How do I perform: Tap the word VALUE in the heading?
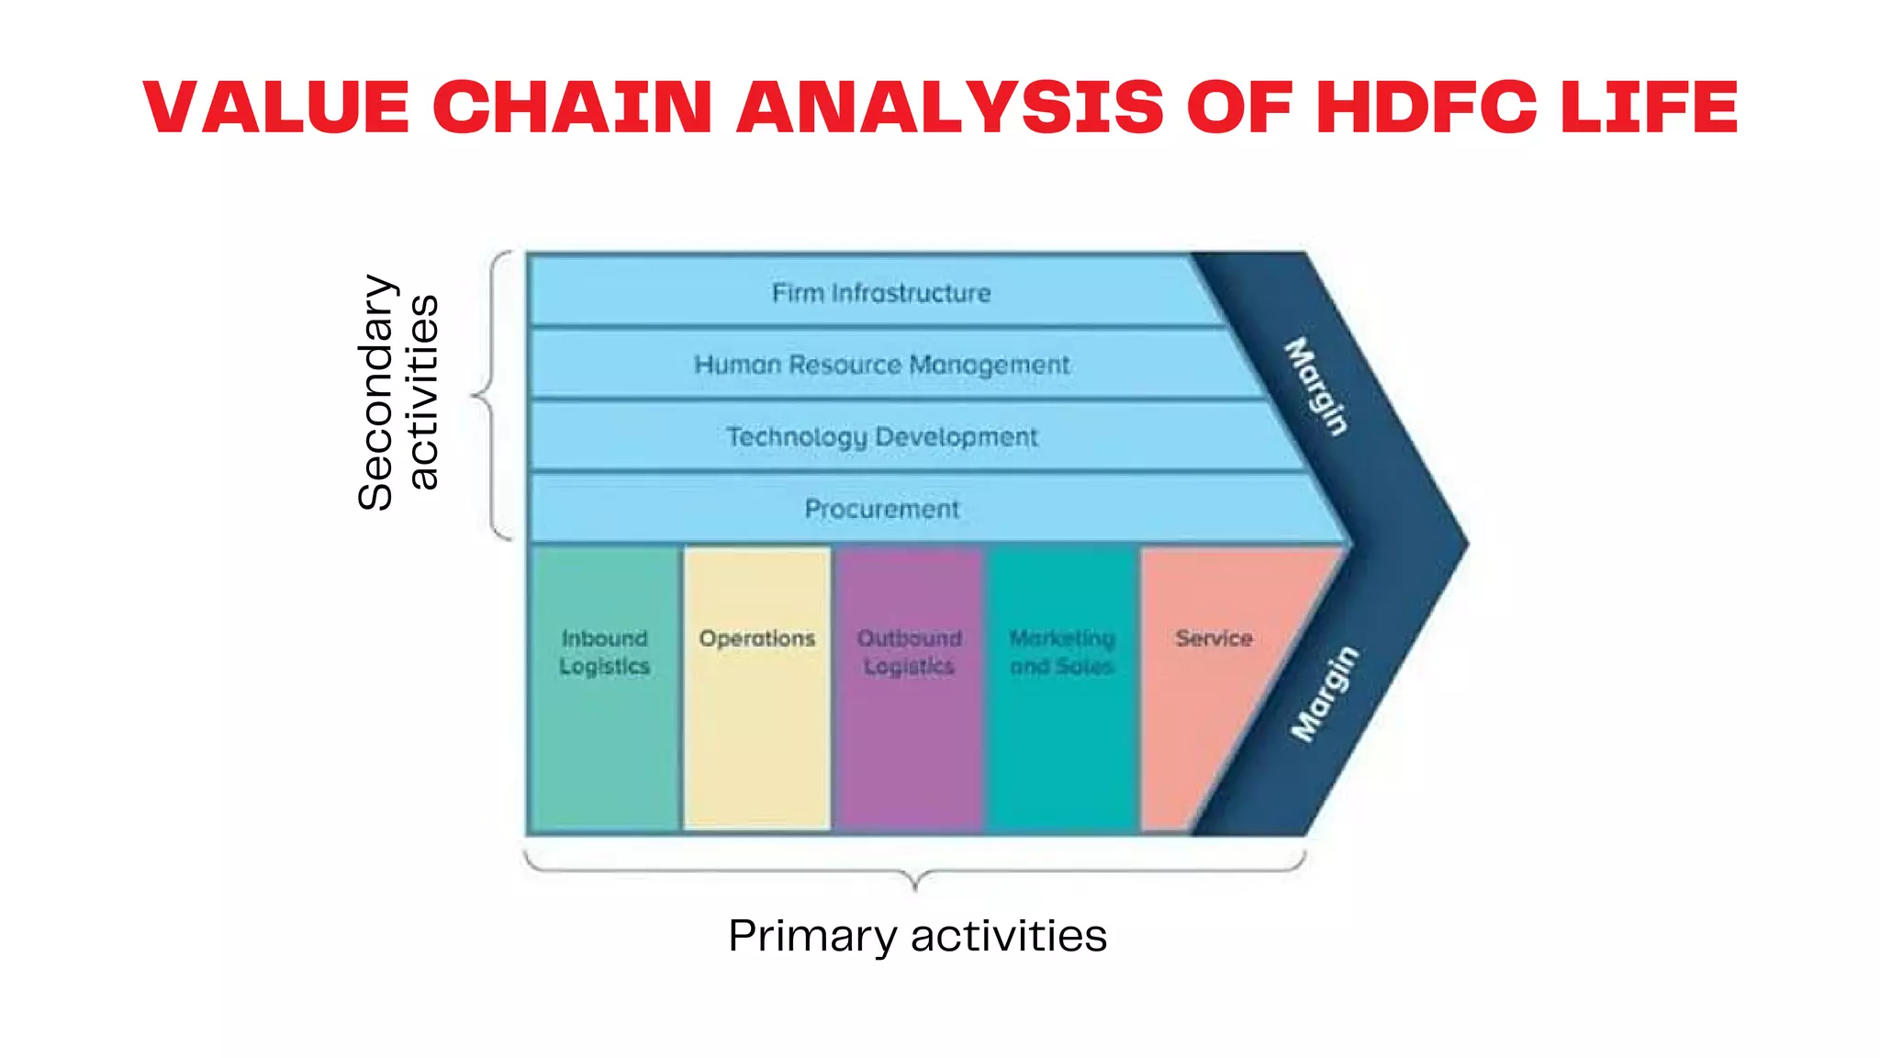point(276,107)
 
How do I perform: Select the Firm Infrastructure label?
point(881,293)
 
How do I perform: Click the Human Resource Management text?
point(881,365)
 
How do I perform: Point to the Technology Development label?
point(881,436)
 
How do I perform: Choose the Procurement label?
point(881,509)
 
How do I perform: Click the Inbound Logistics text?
point(604,652)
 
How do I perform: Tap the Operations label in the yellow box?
point(756,638)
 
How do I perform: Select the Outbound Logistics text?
point(909,652)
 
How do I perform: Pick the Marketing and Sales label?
point(1062,652)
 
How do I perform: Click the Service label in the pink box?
point(1214,638)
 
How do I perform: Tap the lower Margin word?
point(1324,693)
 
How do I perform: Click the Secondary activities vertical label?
point(397,393)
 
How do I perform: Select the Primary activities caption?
point(917,936)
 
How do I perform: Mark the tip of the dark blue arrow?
point(1466,544)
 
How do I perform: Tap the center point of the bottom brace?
point(915,885)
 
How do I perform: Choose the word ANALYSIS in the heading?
point(950,107)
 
